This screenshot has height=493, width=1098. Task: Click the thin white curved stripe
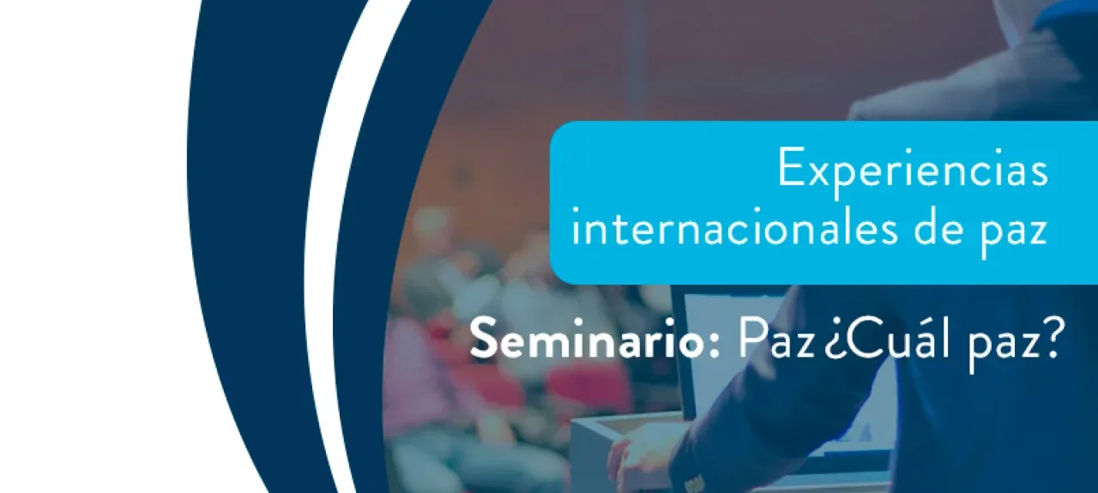(319, 257)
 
